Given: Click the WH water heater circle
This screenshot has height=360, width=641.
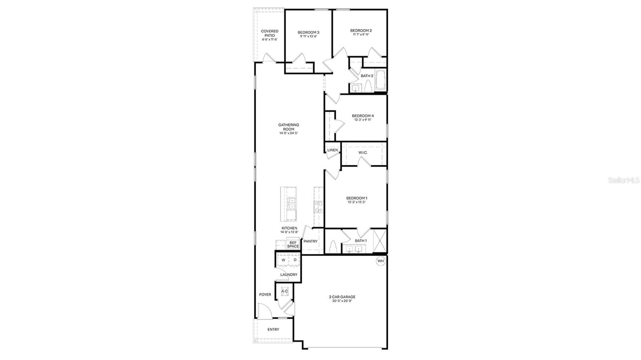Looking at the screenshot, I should pyautogui.click(x=380, y=261).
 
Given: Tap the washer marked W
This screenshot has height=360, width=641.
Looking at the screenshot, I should pyautogui.click(x=283, y=260).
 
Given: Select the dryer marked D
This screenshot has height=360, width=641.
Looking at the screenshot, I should pyautogui.click(x=295, y=260).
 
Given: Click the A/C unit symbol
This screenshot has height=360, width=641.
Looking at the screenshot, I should pyautogui.click(x=284, y=291).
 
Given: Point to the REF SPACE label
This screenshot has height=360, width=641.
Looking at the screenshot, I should pyautogui.click(x=293, y=244).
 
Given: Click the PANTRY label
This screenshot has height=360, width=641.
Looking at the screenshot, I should pyautogui.click(x=310, y=241).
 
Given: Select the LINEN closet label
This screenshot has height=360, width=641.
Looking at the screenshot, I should pyautogui.click(x=333, y=150).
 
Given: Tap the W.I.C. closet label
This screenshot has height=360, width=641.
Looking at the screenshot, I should pyautogui.click(x=363, y=153).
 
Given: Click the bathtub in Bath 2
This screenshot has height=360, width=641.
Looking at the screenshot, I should pyautogui.click(x=380, y=80).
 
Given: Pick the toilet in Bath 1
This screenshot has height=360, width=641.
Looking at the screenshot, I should pyautogui.click(x=332, y=247).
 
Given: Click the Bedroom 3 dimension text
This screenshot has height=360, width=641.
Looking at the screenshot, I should pyautogui.click(x=308, y=36).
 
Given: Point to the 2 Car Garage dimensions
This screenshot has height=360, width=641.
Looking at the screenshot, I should pyautogui.click(x=342, y=301).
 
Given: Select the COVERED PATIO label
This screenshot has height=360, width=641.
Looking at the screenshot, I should pyautogui.click(x=270, y=33).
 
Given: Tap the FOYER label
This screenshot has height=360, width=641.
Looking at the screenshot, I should pyautogui.click(x=265, y=295).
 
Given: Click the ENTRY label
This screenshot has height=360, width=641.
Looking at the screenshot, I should pyautogui.click(x=273, y=330).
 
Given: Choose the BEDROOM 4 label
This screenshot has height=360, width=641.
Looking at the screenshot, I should pyautogui.click(x=363, y=116).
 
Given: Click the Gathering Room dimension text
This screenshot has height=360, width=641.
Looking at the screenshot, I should pyautogui.click(x=288, y=133).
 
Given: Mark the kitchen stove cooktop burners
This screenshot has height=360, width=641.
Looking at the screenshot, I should pyautogui.click(x=319, y=207).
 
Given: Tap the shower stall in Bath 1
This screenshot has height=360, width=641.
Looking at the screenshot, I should pyautogui.click(x=379, y=240).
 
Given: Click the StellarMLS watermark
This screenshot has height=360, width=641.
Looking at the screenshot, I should pyautogui.click(x=624, y=181).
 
